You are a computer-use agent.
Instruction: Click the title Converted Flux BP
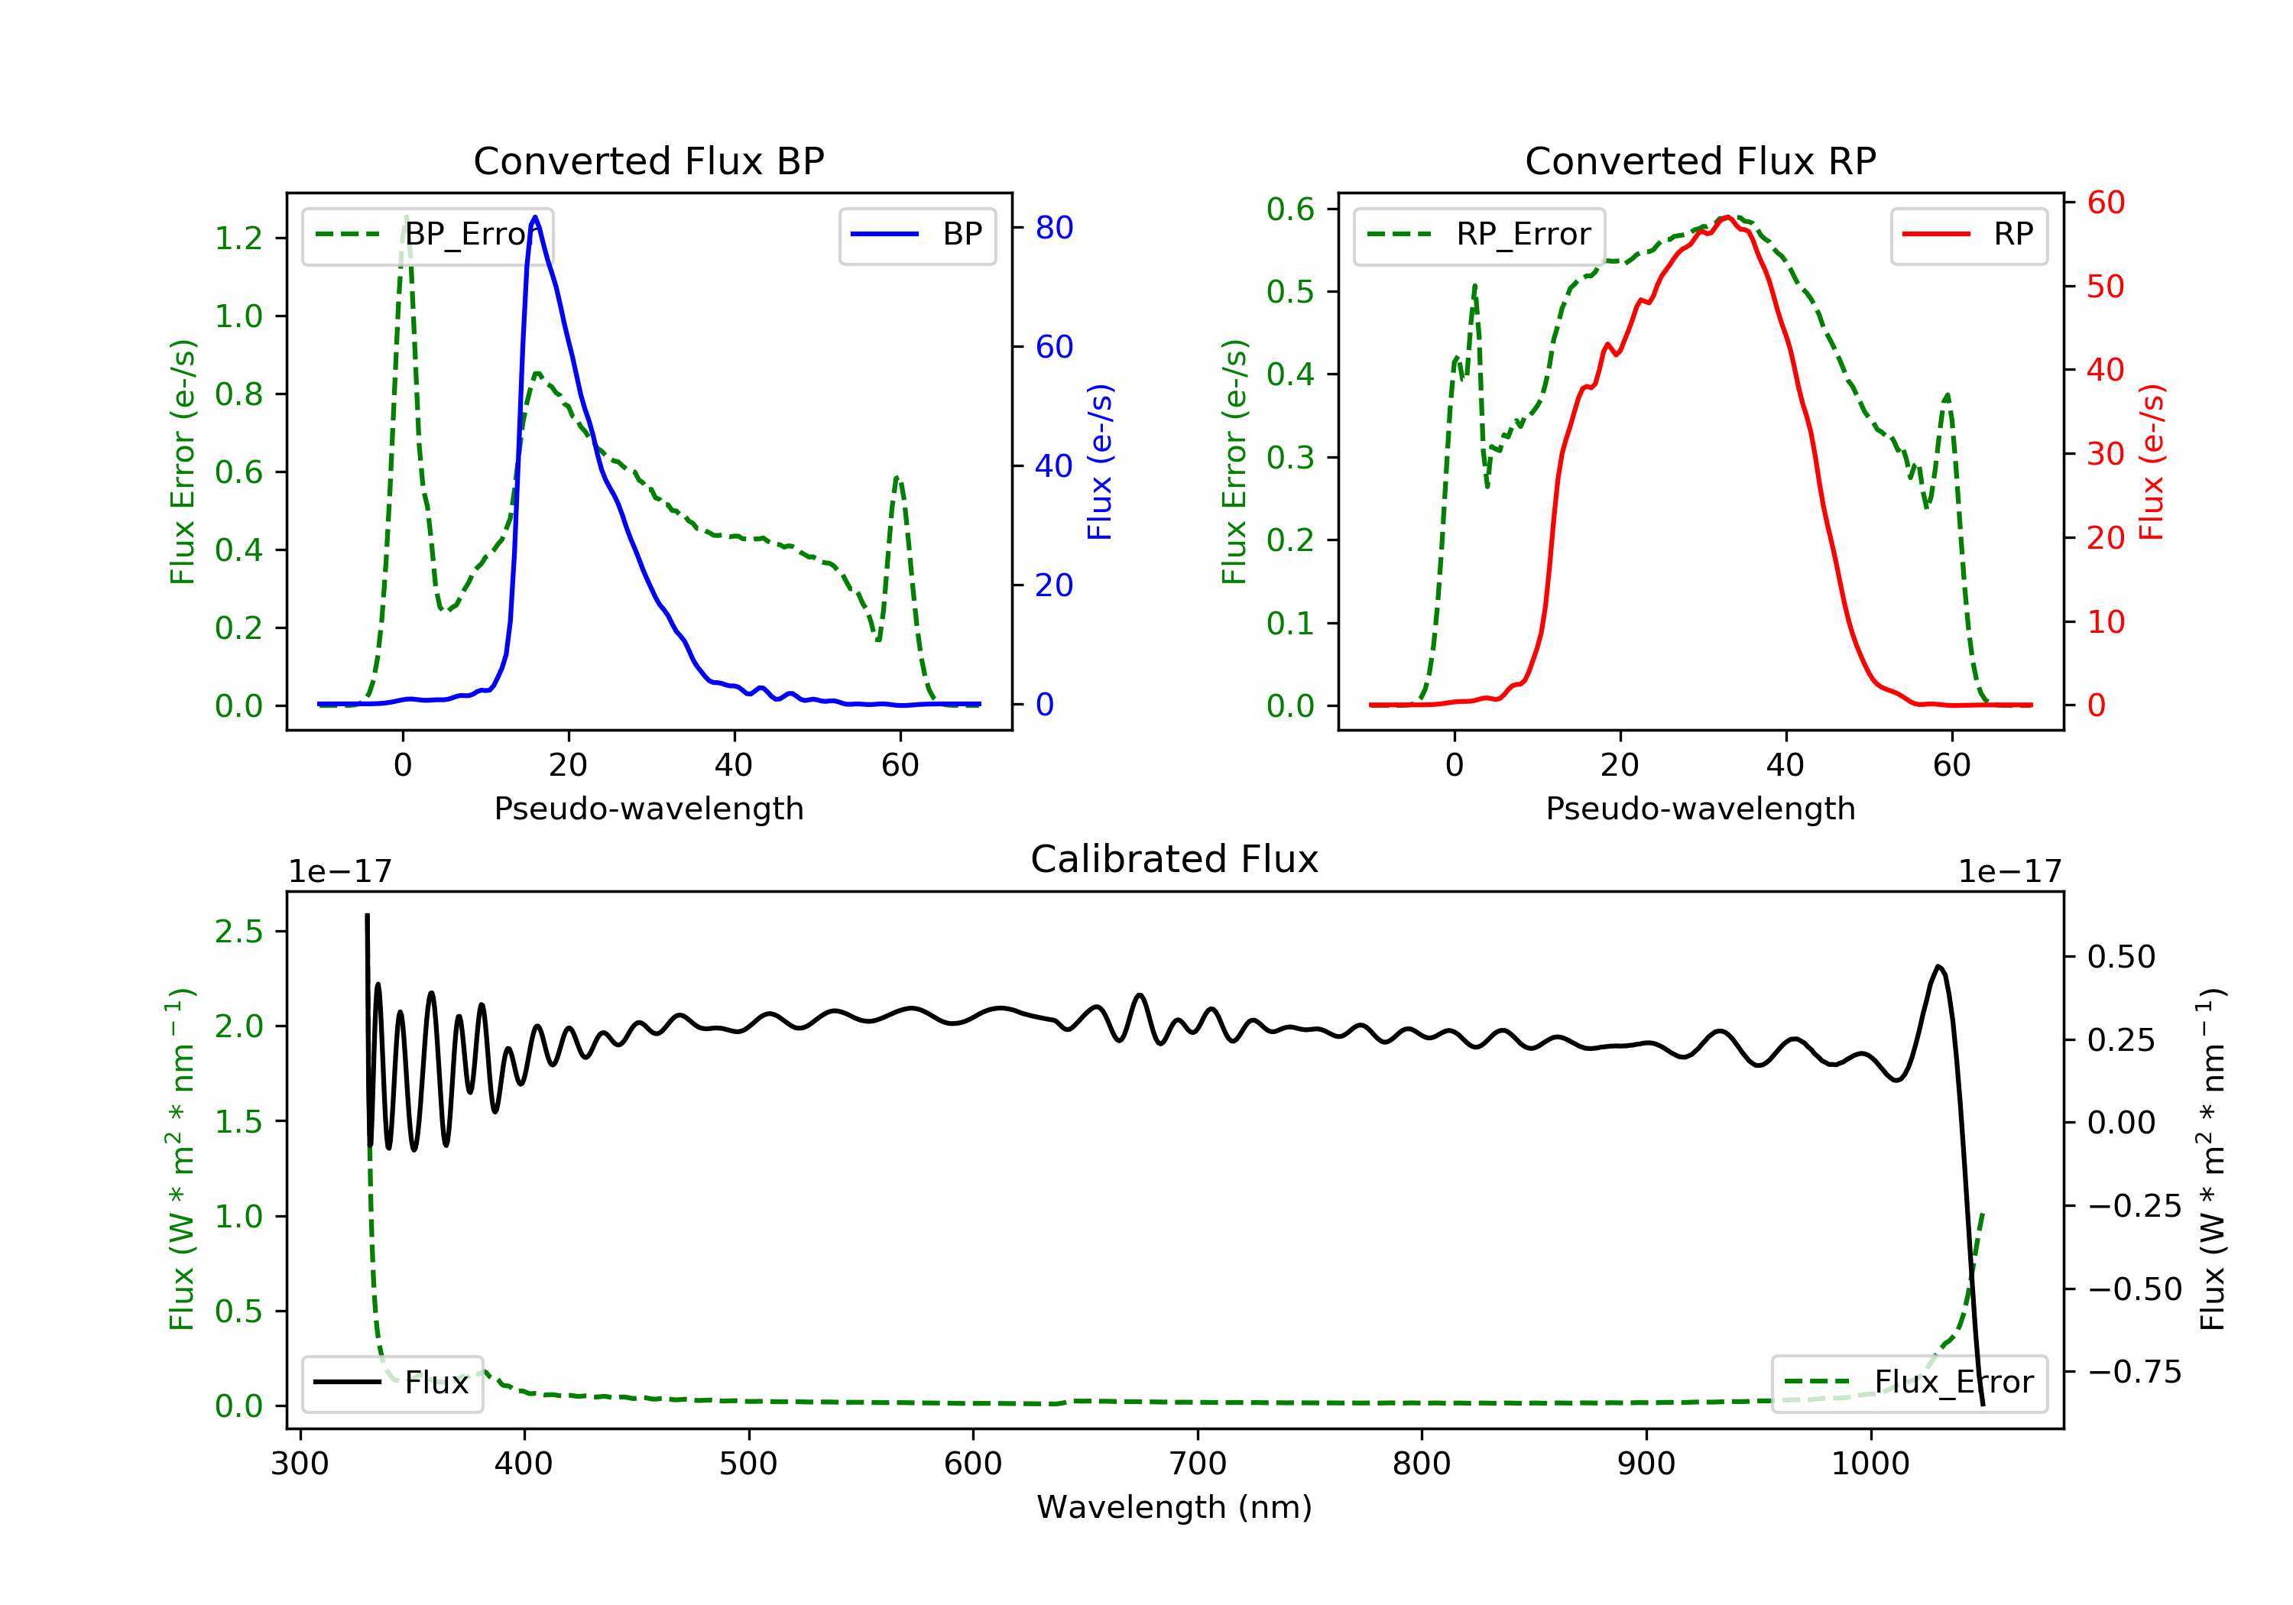[x=648, y=160]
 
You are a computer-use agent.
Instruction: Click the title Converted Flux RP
[x=1700, y=160]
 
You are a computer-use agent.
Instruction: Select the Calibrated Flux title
[x=1175, y=859]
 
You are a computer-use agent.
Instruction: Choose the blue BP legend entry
[x=916, y=234]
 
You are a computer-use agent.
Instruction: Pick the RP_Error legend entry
[x=1479, y=235]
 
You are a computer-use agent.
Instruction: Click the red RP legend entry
[x=1968, y=234]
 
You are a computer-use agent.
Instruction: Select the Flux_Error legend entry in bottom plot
[x=1909, y=1383]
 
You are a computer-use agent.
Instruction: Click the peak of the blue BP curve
[x=535, y=217]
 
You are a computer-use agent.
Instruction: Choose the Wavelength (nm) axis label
[x=1175, y=1507]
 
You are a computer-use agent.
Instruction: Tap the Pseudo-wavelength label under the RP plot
[x=1700, y=808]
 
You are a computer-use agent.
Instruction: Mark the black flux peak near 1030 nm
[x=1938, y=966]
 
